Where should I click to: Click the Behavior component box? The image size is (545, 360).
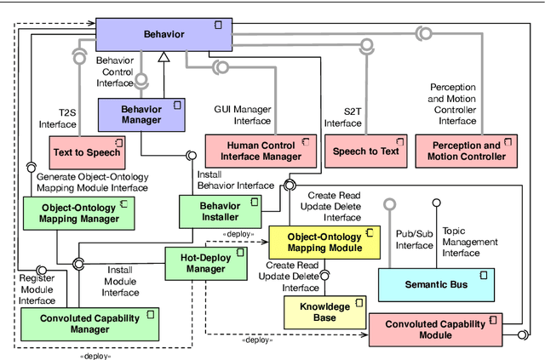click(x=161, y=35)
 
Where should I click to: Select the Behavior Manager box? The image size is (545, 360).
click(x=141, y=114)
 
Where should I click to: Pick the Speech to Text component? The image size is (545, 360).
click(x=365, y=151)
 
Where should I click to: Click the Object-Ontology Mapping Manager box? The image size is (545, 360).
click(x=79, y=213)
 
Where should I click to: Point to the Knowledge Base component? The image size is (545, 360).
click(x=321, y=311)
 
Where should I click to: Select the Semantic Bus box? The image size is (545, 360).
click(x=434, y=283)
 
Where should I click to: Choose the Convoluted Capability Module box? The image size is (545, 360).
click(x=434, y=329)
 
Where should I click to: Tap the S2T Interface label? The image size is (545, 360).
click(x=343, y=117)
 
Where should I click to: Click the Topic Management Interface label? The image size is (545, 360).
click(x=471, y=242)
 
